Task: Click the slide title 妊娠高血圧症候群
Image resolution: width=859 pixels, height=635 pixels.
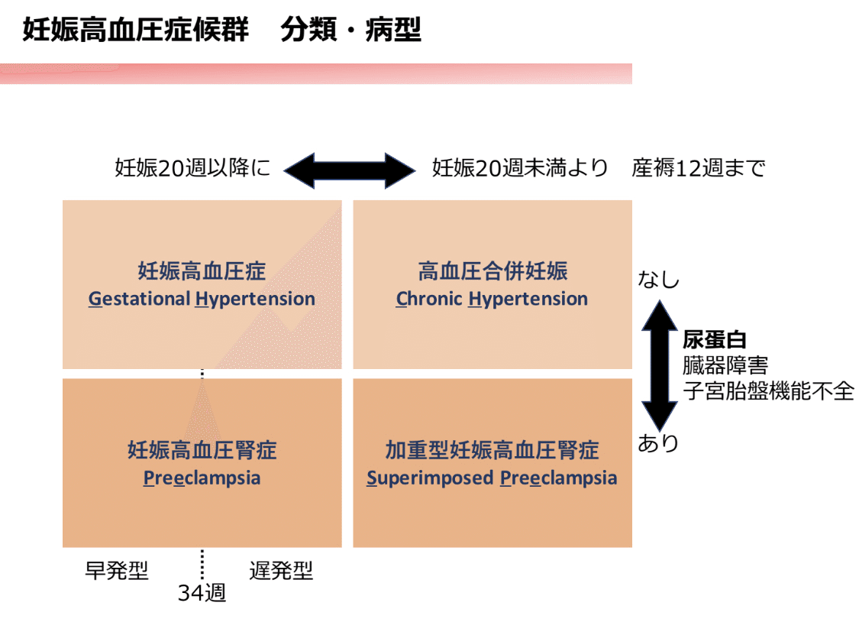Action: click(135, 31)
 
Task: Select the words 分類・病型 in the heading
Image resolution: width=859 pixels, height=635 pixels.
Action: click(350, 31)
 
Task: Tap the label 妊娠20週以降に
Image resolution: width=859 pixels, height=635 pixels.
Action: click(192, 168)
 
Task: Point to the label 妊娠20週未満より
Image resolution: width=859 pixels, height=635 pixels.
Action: click(520, 168)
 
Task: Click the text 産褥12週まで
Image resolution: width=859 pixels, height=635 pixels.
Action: click(698, 168)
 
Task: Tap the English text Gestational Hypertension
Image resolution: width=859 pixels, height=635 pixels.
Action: click(202, 299)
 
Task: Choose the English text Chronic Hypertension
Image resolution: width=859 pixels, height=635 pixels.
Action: click(492, 299)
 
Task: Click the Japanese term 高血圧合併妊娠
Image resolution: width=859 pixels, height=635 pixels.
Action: click(492, 271)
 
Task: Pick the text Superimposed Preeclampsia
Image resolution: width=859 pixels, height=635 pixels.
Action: click(492, 478)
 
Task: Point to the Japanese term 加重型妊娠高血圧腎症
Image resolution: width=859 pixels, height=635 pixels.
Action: click(492, 450)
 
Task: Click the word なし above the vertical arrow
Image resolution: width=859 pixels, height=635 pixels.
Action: click(658, 280)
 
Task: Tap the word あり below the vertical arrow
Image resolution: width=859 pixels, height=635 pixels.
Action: click(658, 444)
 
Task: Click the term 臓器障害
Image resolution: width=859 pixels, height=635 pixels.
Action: click(725, 366)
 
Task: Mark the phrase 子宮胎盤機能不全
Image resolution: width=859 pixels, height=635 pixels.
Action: click(767, 391)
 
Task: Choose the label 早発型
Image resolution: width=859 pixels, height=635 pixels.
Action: click(116, 571)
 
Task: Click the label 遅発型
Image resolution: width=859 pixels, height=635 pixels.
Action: click(281, 571)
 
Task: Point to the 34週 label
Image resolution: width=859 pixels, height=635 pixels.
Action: click(202, 593)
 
